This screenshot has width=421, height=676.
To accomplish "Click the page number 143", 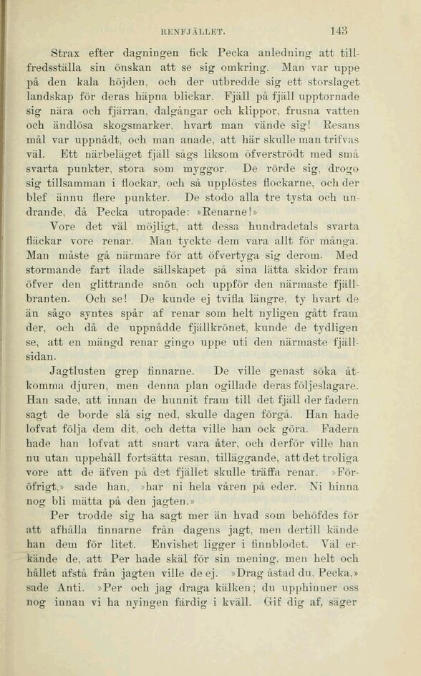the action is [339, 31].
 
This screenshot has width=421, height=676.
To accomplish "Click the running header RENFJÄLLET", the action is [194, 32].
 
